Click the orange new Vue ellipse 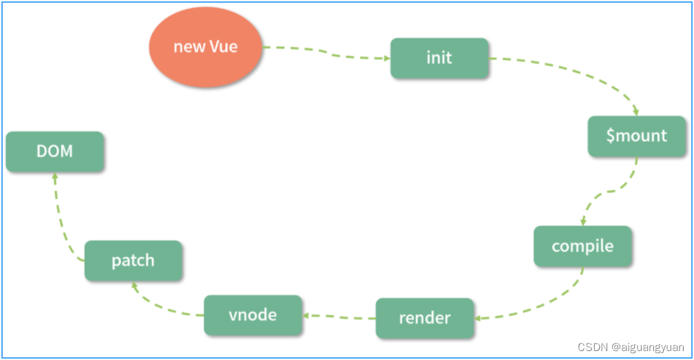coord(205,47)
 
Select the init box coord(439,58)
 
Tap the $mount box coord(636,136)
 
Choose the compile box coord(582,246)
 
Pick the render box coord(425,318)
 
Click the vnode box coord(253,315)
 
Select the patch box coord(134,260)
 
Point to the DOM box coord(55,151)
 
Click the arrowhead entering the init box coord(387,58)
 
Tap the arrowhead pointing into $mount coord(635,112)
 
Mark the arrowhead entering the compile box coord(583,222)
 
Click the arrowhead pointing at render coord(478,318)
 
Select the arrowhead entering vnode coord(306,315)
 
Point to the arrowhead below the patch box coord(134,286)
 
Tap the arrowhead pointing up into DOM coord(55,176)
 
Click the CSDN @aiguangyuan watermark coord(631,347)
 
